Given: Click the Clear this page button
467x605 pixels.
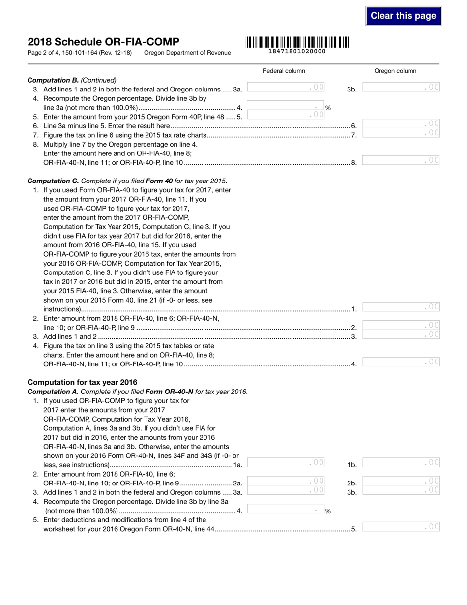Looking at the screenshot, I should [403, 16].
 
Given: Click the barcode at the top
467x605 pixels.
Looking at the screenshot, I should [297, 42].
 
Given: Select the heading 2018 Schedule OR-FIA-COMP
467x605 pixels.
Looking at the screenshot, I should [103, 42].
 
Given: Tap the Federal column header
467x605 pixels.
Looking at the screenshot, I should [284, 71].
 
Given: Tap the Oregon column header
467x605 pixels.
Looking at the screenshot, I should [395, 71].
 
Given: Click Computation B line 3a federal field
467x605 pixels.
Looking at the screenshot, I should [286, 87].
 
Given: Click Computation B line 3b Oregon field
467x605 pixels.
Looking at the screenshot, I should [401, 87].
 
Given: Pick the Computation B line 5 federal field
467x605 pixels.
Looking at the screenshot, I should [286, 115].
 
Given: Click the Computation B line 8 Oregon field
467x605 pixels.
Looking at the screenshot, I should [401, 160].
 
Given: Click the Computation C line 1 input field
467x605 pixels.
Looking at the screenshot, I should [401, 307].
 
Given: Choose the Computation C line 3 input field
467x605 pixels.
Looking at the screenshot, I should [401, 334].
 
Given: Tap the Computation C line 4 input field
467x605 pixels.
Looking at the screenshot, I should [401, 362].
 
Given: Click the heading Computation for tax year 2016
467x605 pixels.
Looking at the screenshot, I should [83, 382].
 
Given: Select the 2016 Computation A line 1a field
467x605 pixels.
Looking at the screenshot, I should [286, 462].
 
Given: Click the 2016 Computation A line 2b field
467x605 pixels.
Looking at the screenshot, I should [401, 481].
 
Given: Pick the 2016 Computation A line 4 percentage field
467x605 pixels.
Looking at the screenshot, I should [286, 510].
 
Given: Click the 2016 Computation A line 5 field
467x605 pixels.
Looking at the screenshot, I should [401, 527].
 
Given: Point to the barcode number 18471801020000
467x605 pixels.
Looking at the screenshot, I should [297, 51].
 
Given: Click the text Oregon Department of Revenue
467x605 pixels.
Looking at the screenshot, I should [187, 53].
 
